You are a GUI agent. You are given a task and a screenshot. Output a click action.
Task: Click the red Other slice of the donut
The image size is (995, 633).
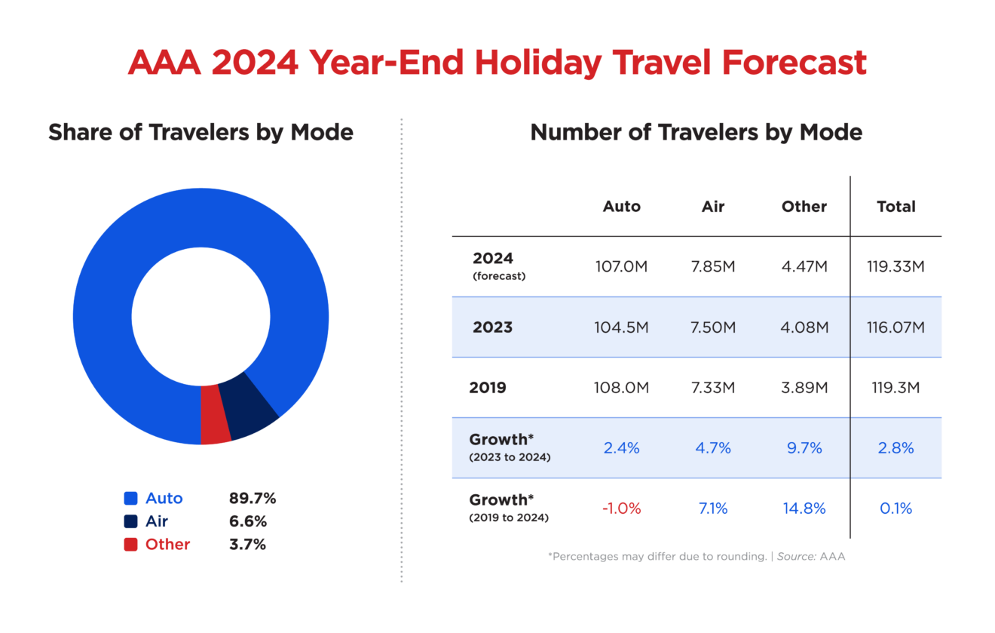[215, 414]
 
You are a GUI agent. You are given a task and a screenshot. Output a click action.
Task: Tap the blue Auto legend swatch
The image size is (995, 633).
[130, 499]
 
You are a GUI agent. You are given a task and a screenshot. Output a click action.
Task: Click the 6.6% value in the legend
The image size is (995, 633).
[248, 521]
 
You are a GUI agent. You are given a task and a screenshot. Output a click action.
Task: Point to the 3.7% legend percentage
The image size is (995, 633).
[248, 545]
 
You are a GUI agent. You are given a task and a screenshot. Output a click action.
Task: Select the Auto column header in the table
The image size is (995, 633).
[621, 207]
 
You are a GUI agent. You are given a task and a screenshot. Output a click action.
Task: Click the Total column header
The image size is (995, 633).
[896, 207]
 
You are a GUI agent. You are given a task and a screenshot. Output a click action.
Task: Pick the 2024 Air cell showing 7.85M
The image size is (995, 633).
[712, 267]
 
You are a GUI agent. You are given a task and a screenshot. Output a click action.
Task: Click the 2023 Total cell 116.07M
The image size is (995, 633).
[896, 327]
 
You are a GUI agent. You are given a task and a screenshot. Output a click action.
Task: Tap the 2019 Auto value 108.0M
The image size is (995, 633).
[621, 388]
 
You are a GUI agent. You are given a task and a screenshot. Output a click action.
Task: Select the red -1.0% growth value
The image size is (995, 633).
[621, 509]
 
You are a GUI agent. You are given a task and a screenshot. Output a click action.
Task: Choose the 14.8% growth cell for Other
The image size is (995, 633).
[804, 509]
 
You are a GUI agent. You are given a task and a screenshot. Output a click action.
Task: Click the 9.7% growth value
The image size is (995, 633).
[804, 448]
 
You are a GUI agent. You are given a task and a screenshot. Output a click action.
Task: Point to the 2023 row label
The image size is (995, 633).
[492, 327]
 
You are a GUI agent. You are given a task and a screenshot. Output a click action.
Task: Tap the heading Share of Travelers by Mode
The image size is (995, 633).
[201, 133]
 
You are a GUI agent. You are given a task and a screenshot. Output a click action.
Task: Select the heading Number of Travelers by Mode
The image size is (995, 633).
[696, 133]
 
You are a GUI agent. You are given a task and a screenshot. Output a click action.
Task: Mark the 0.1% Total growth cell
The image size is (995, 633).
[896, 509]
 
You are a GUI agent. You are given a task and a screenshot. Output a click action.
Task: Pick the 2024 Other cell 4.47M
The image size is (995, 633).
[804, 267]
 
